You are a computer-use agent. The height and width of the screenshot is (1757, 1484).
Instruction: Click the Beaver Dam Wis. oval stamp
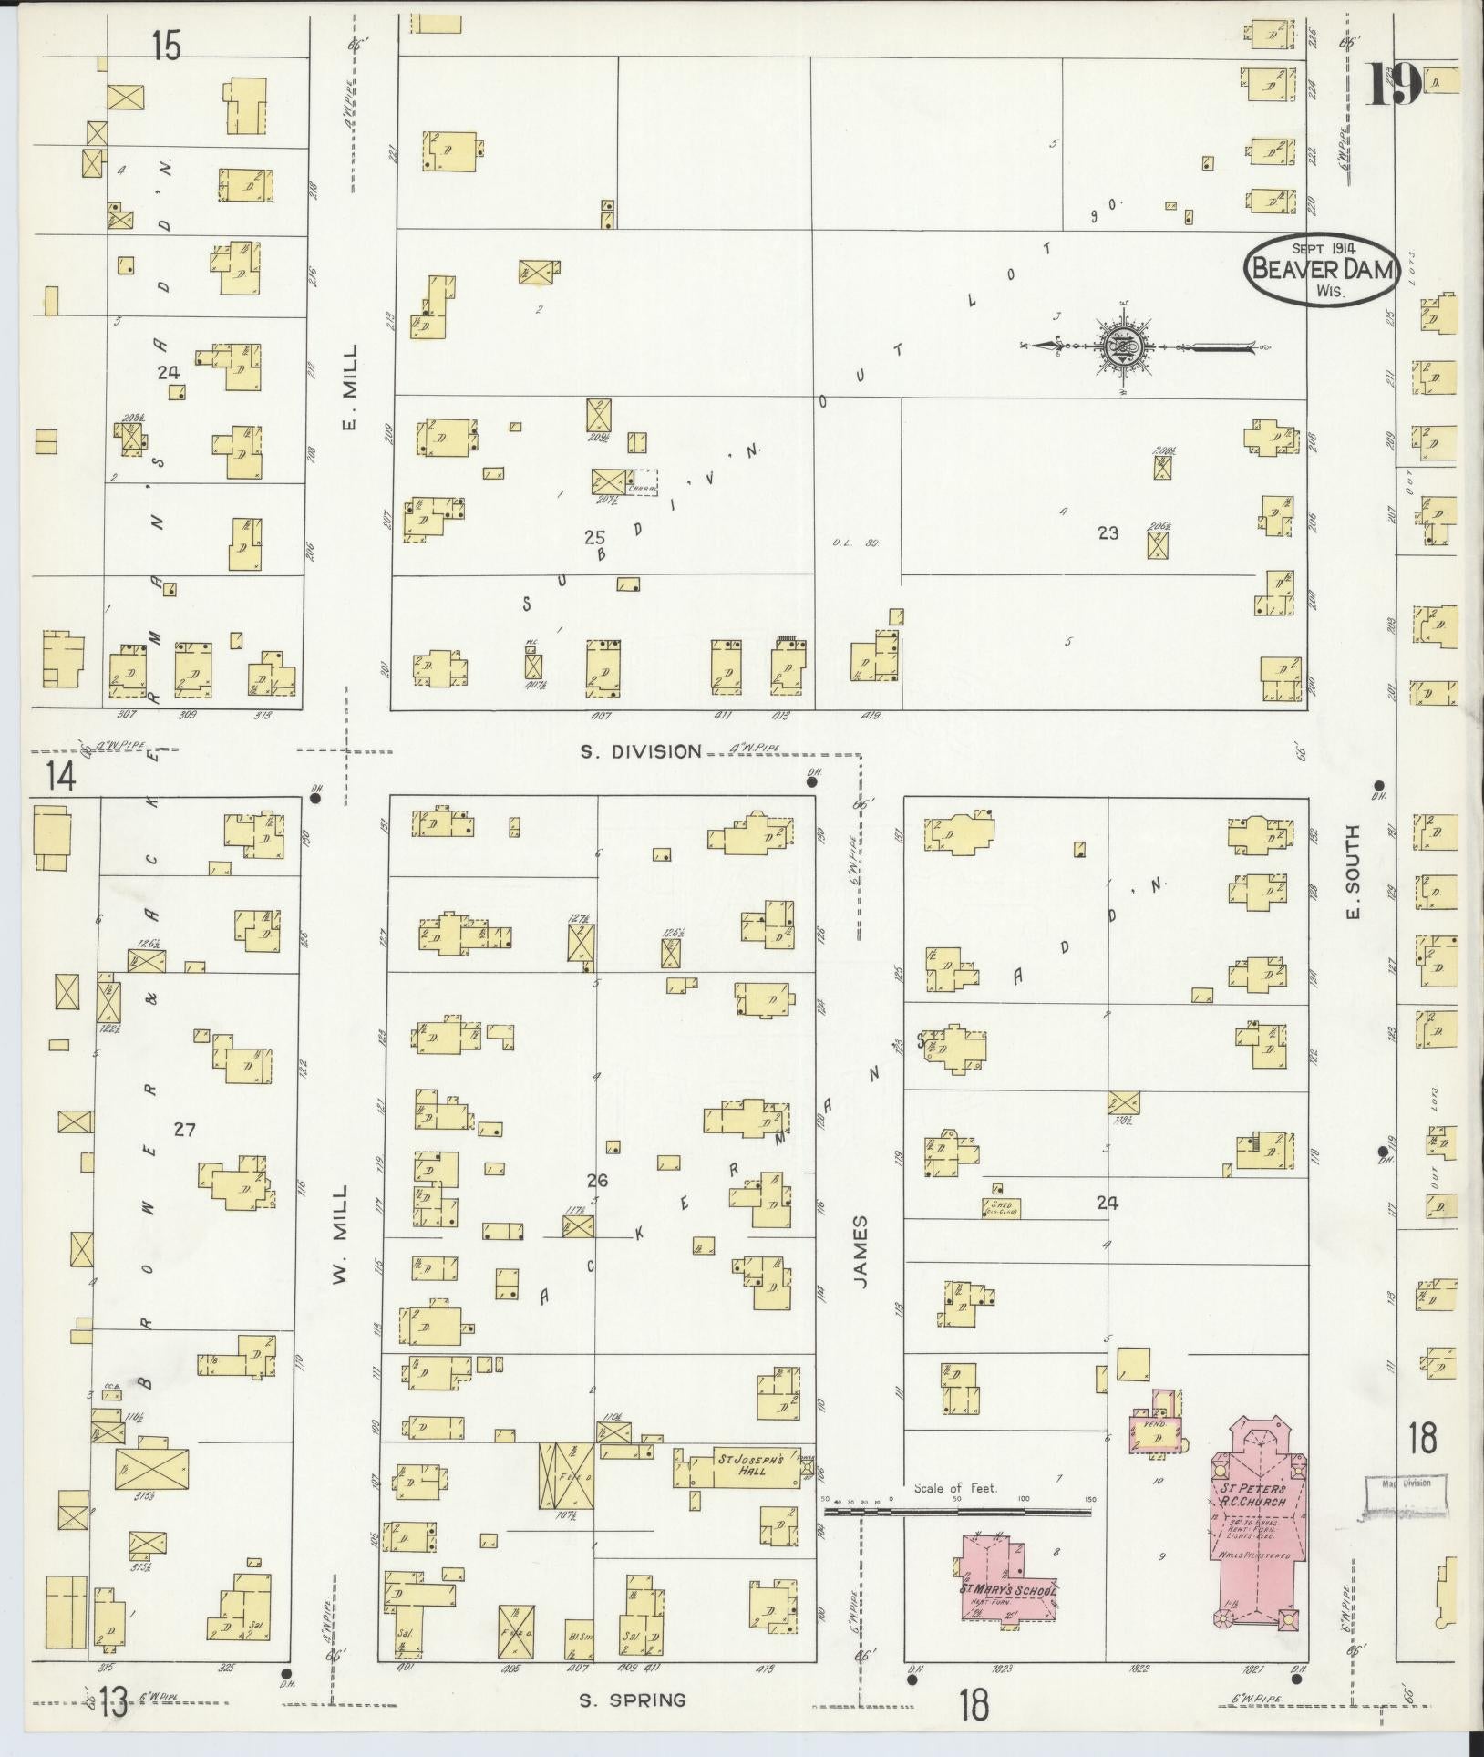click(1323, 269)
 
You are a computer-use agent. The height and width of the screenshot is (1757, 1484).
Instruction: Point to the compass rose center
click(1123, 346)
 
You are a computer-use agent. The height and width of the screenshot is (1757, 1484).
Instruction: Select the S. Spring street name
click(632, 1700)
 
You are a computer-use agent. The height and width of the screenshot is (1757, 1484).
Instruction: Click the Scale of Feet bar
click(957, 1511)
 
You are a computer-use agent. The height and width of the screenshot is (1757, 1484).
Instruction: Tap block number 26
click(597, 1181)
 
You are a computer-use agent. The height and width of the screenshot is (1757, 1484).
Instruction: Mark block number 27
click(184, 1130)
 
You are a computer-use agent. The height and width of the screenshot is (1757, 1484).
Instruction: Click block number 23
click(1108, 533)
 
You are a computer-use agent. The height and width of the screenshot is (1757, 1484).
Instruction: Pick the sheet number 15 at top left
click(166, 45)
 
